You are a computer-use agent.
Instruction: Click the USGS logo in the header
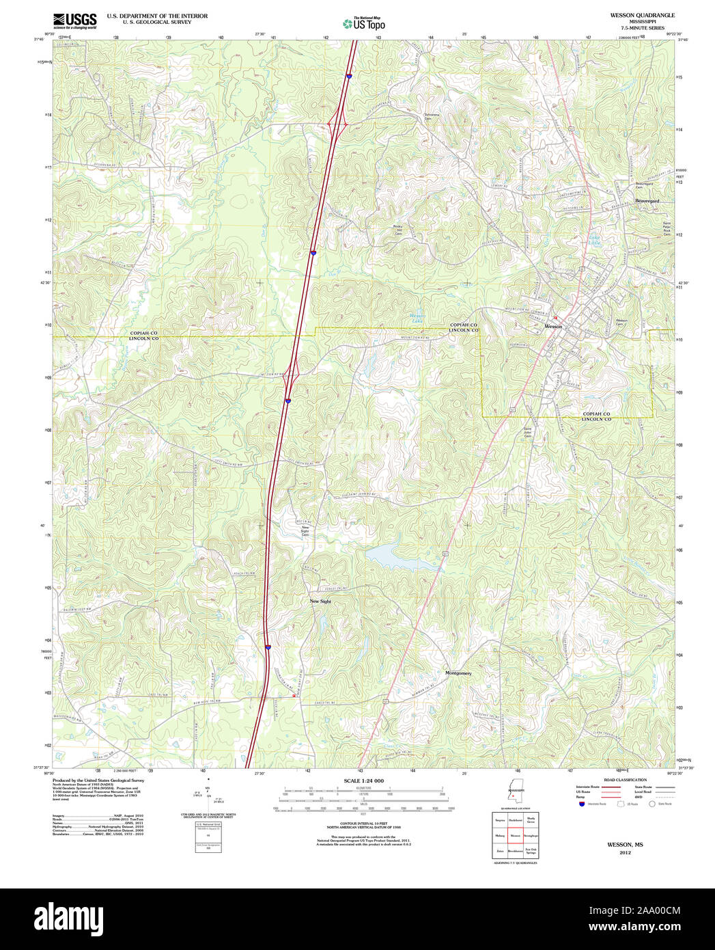pos(74,21)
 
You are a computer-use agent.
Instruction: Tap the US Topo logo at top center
pos(363,23)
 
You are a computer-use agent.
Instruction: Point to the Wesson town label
pos(553,327)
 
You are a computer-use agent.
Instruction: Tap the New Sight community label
pos(320,601)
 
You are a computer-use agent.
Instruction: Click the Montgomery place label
pos(458,673)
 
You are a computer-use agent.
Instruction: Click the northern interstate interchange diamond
pos(338,124)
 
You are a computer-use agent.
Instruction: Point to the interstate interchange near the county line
pos(292,373)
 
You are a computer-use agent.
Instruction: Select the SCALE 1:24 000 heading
pos(363,781)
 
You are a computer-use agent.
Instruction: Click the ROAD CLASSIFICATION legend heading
pos(625,780)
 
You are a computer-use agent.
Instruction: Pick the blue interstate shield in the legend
pos(581,804)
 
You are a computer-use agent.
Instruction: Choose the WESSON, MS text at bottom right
pos(625,845)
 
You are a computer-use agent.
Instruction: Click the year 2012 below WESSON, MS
pos(625,853)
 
